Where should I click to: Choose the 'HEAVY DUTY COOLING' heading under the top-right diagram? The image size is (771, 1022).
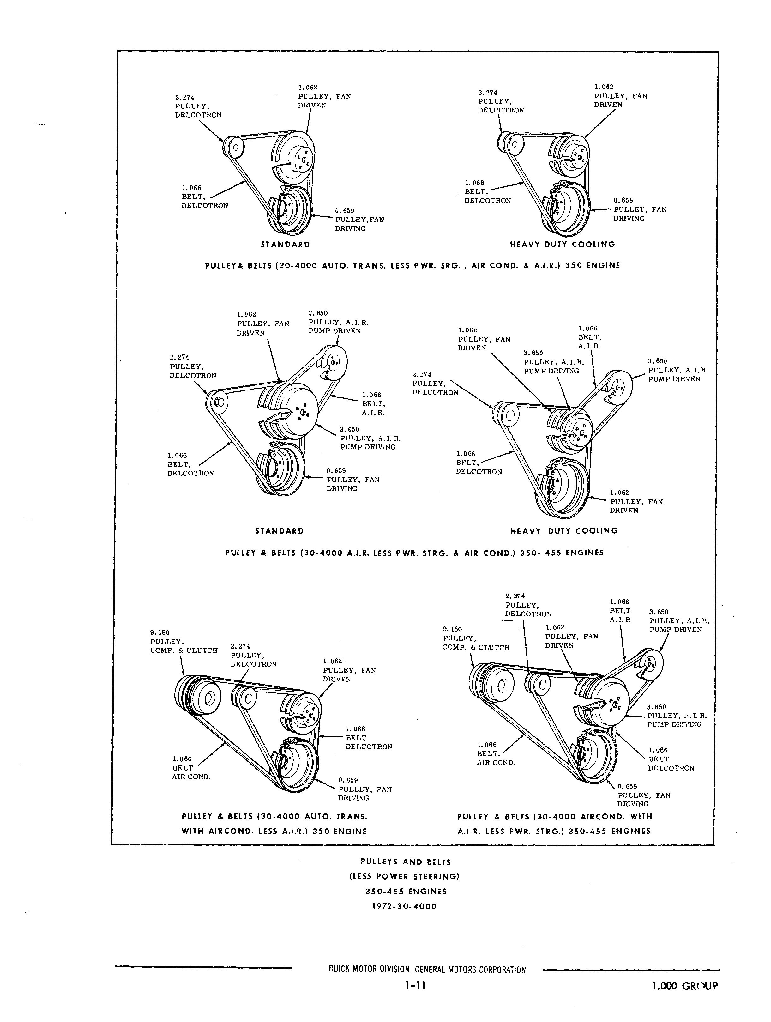pyautogui.click(x=562, y=245)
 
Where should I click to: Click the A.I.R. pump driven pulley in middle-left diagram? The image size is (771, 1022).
pyautogui.click(x=334, y=363)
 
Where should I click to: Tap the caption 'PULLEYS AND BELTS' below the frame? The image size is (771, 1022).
pyautogui.click(x=405, y=862)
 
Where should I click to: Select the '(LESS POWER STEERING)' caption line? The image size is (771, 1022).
pyautogui.click(x=404, y=876)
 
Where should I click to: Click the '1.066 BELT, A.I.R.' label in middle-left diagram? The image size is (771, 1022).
pyautogui.click(x=373, y=404)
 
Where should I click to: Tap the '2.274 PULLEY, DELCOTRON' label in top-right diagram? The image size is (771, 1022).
pyautogui.click(x=500, y=101)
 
